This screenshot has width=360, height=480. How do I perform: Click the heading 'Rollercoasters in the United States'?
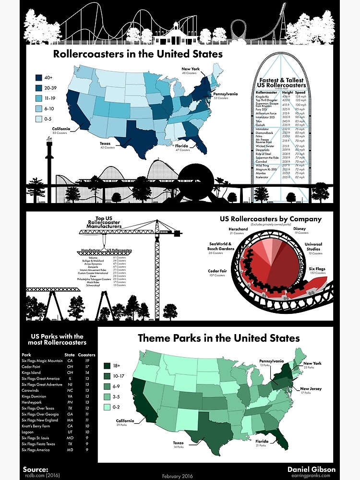pos(138,54)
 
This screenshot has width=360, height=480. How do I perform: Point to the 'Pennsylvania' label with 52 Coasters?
pos(225,94)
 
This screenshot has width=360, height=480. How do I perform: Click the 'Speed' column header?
pos(300,92)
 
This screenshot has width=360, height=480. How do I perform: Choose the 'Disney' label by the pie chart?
pos(300,229)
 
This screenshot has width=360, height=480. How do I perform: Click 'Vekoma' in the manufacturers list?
pos(88,258)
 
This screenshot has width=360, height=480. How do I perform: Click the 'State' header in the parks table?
pos(70,355)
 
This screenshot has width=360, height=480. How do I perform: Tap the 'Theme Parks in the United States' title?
pos(218,338)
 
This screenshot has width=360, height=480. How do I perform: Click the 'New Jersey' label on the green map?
pos(311,389)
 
